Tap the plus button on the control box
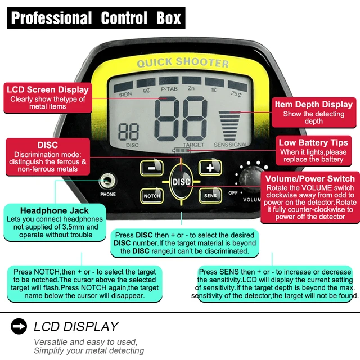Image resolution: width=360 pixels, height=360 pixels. tap(210, 167)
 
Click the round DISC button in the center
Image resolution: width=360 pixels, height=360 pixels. tap(182, 181)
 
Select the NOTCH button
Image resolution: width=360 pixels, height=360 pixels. tap(151, 195)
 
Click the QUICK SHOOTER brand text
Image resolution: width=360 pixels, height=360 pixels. tap(175, 63)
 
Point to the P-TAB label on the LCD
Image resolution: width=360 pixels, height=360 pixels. tap(169, 89)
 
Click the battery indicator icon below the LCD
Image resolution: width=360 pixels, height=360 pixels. tap(181, 150)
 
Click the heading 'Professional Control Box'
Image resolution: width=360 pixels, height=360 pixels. tap(96, 18)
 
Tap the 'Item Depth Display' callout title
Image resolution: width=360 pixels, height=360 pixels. tap(313, 104)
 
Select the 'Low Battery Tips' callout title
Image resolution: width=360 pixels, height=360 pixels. tap(313, 142)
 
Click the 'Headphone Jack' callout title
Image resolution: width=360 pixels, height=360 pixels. tap(55, 210)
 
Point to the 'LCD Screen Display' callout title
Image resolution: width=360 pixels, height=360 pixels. tap(48, 89)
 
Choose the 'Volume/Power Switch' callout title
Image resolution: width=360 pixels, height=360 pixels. tap(310, 179)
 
